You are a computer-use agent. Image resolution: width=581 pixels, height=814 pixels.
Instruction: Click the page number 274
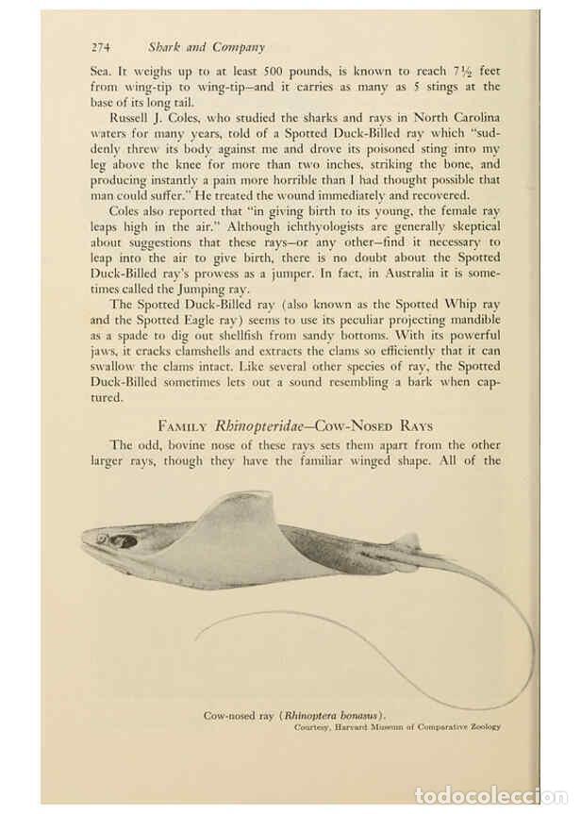(101, 46)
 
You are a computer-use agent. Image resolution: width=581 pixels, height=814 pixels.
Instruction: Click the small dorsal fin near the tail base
(408, 540)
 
